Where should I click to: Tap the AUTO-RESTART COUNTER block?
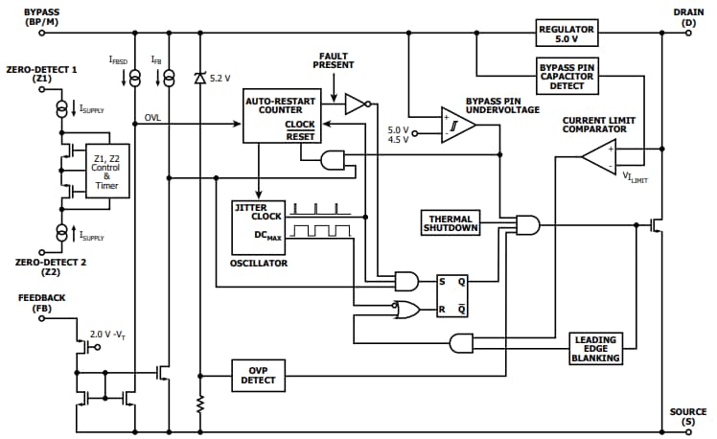[280, 116]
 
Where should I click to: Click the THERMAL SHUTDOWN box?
[451, 223]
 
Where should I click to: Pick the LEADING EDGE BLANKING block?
[595, 349]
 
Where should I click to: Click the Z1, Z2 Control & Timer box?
[106, 172]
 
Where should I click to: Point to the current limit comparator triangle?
[601, 158]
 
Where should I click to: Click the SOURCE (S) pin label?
[687, 417]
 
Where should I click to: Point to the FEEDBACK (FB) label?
[42, 304]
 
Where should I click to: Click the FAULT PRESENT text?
[333, 59]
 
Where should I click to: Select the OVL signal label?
[153, 117]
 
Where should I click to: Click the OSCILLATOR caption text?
[258, 263]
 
